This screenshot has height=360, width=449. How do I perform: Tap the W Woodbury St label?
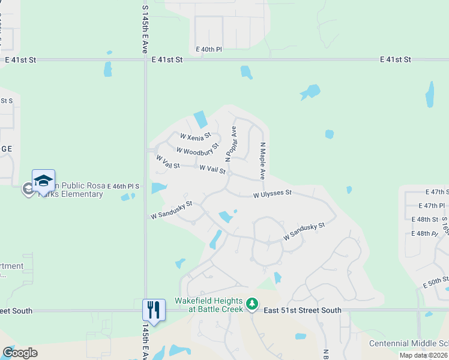(x=197, y=148)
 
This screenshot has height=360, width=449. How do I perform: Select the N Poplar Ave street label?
(x=231, y=144)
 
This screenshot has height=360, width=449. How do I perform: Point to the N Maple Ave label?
(x=262, y=161)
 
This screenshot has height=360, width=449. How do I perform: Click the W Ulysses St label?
(x=272, y=193)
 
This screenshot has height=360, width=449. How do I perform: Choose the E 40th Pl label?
(x=209, y=49)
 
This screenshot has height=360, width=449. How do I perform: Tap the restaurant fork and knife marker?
(x=152, y=310)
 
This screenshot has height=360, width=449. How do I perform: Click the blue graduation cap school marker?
(x=43, y=181)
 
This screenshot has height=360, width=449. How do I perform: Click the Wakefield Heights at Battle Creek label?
(x=208, y=305)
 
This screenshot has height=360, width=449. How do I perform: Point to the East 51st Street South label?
(x=302, y=310)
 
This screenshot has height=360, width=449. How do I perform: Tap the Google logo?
(x=20, y=353)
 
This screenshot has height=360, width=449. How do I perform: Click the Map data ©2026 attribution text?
(x=423, y=355)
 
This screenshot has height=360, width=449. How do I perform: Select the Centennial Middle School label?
(x=408, y=343)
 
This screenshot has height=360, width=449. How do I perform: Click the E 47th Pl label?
(x=433, y=206)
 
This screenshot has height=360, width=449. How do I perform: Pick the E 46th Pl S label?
(x=123, y=187)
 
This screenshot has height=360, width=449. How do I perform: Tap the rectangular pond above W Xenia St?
(x=200, y=119)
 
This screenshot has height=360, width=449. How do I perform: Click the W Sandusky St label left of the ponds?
(x=171, y=209)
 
